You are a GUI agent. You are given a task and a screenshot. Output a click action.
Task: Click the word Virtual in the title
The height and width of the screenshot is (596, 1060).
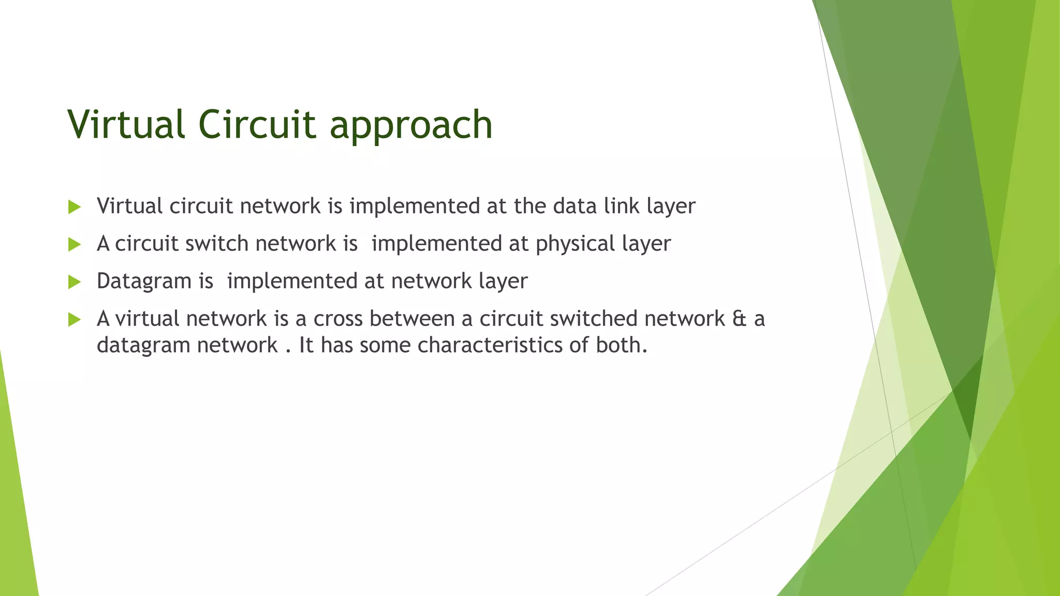(126, 124)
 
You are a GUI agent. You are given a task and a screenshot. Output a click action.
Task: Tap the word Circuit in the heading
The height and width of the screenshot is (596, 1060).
(257, 124)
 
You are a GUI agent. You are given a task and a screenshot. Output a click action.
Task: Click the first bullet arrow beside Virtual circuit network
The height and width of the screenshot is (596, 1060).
(75, 207)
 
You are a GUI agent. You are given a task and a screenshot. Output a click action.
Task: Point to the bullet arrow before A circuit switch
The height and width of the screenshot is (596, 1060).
(75, 245)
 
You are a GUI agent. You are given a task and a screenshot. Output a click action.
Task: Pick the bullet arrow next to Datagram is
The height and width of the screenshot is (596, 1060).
(75, 282)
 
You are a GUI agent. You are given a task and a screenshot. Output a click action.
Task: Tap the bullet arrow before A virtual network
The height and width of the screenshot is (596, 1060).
(75, 320)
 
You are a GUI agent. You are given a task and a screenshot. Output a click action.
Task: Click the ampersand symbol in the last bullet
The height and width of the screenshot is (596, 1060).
(739, 319)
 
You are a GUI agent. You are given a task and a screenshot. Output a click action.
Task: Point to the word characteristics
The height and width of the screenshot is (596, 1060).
(490, 345)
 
